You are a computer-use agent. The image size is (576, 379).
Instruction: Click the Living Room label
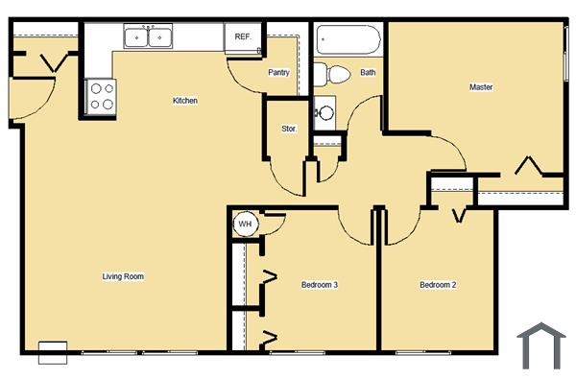123,276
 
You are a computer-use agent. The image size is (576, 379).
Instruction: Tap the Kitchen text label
185,101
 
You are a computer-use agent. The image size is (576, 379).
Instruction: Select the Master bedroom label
481,87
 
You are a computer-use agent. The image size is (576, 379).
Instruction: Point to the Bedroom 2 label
437,285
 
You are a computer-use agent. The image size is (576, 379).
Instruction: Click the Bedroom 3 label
319,285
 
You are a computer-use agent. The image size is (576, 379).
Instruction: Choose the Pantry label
278,72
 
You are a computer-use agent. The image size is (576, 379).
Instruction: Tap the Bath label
368,72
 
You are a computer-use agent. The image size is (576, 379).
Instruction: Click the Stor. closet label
288,128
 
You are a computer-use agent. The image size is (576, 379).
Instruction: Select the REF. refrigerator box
243,37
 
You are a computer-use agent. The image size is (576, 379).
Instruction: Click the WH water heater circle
245,225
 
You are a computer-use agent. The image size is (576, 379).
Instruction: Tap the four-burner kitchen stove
101,96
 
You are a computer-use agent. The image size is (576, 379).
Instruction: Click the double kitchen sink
150,37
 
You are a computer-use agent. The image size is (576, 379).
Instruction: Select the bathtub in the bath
348,40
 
